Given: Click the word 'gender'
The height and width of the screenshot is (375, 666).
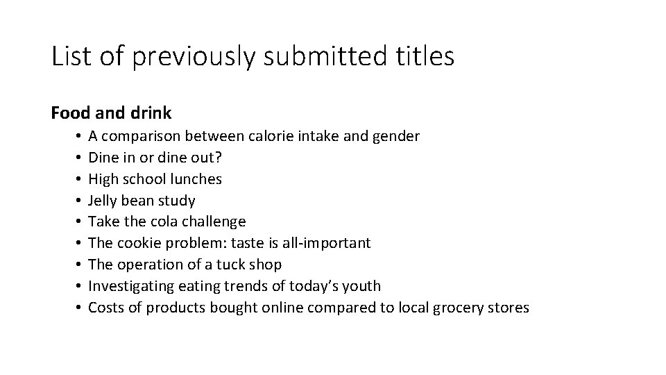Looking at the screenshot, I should [395, 136].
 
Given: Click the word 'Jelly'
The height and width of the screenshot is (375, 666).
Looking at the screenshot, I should [103, 201].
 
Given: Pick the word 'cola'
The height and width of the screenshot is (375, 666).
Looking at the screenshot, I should [164, 222].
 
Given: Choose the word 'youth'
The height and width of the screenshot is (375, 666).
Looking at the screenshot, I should [362, 286].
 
